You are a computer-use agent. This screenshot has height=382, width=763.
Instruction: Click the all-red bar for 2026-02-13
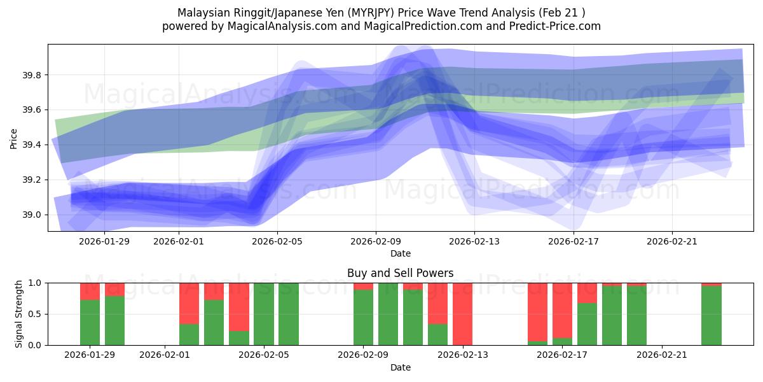point(462,314)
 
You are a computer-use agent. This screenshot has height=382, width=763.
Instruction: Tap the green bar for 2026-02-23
point(711,316)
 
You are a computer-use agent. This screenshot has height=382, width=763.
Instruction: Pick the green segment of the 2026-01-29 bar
point(90,322)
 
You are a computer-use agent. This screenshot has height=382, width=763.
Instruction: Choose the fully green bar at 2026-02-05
point(263,314)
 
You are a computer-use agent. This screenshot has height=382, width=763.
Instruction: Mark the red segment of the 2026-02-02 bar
point(189,303)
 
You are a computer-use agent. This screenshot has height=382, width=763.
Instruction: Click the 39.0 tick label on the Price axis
point(32,215)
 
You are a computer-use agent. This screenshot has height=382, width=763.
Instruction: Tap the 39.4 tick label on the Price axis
point(32,145)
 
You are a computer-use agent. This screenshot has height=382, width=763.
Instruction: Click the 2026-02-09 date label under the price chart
point(375,241)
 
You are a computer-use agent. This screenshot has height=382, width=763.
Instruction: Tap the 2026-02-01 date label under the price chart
point(177,241)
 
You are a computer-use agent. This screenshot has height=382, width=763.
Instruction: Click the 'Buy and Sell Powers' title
point(400,273)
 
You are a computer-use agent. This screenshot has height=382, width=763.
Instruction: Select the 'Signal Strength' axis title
point(18,314)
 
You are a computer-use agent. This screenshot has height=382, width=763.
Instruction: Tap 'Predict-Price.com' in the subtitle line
point(556,26)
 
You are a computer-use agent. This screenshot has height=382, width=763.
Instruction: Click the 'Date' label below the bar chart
point(400,367)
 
